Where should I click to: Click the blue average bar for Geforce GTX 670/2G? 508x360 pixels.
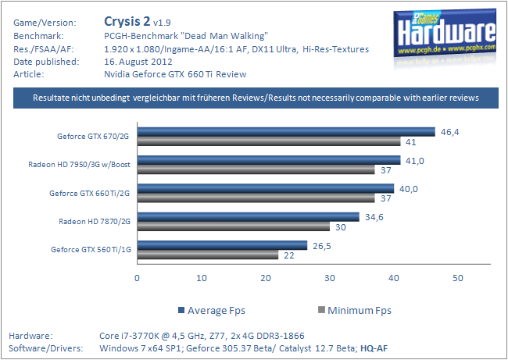click(286, 131)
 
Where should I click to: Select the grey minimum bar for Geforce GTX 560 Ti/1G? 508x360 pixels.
click(208, 255)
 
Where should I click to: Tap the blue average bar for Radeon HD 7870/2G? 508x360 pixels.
click(249, 216)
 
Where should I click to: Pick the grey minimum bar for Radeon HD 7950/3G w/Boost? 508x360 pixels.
click(256, 169)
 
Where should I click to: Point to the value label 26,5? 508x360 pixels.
click(322, 245)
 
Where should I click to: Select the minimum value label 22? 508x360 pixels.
click(289, 255)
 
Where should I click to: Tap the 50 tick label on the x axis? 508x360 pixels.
click(458, 278)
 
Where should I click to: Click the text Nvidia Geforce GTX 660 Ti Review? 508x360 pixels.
click(174, 74)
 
